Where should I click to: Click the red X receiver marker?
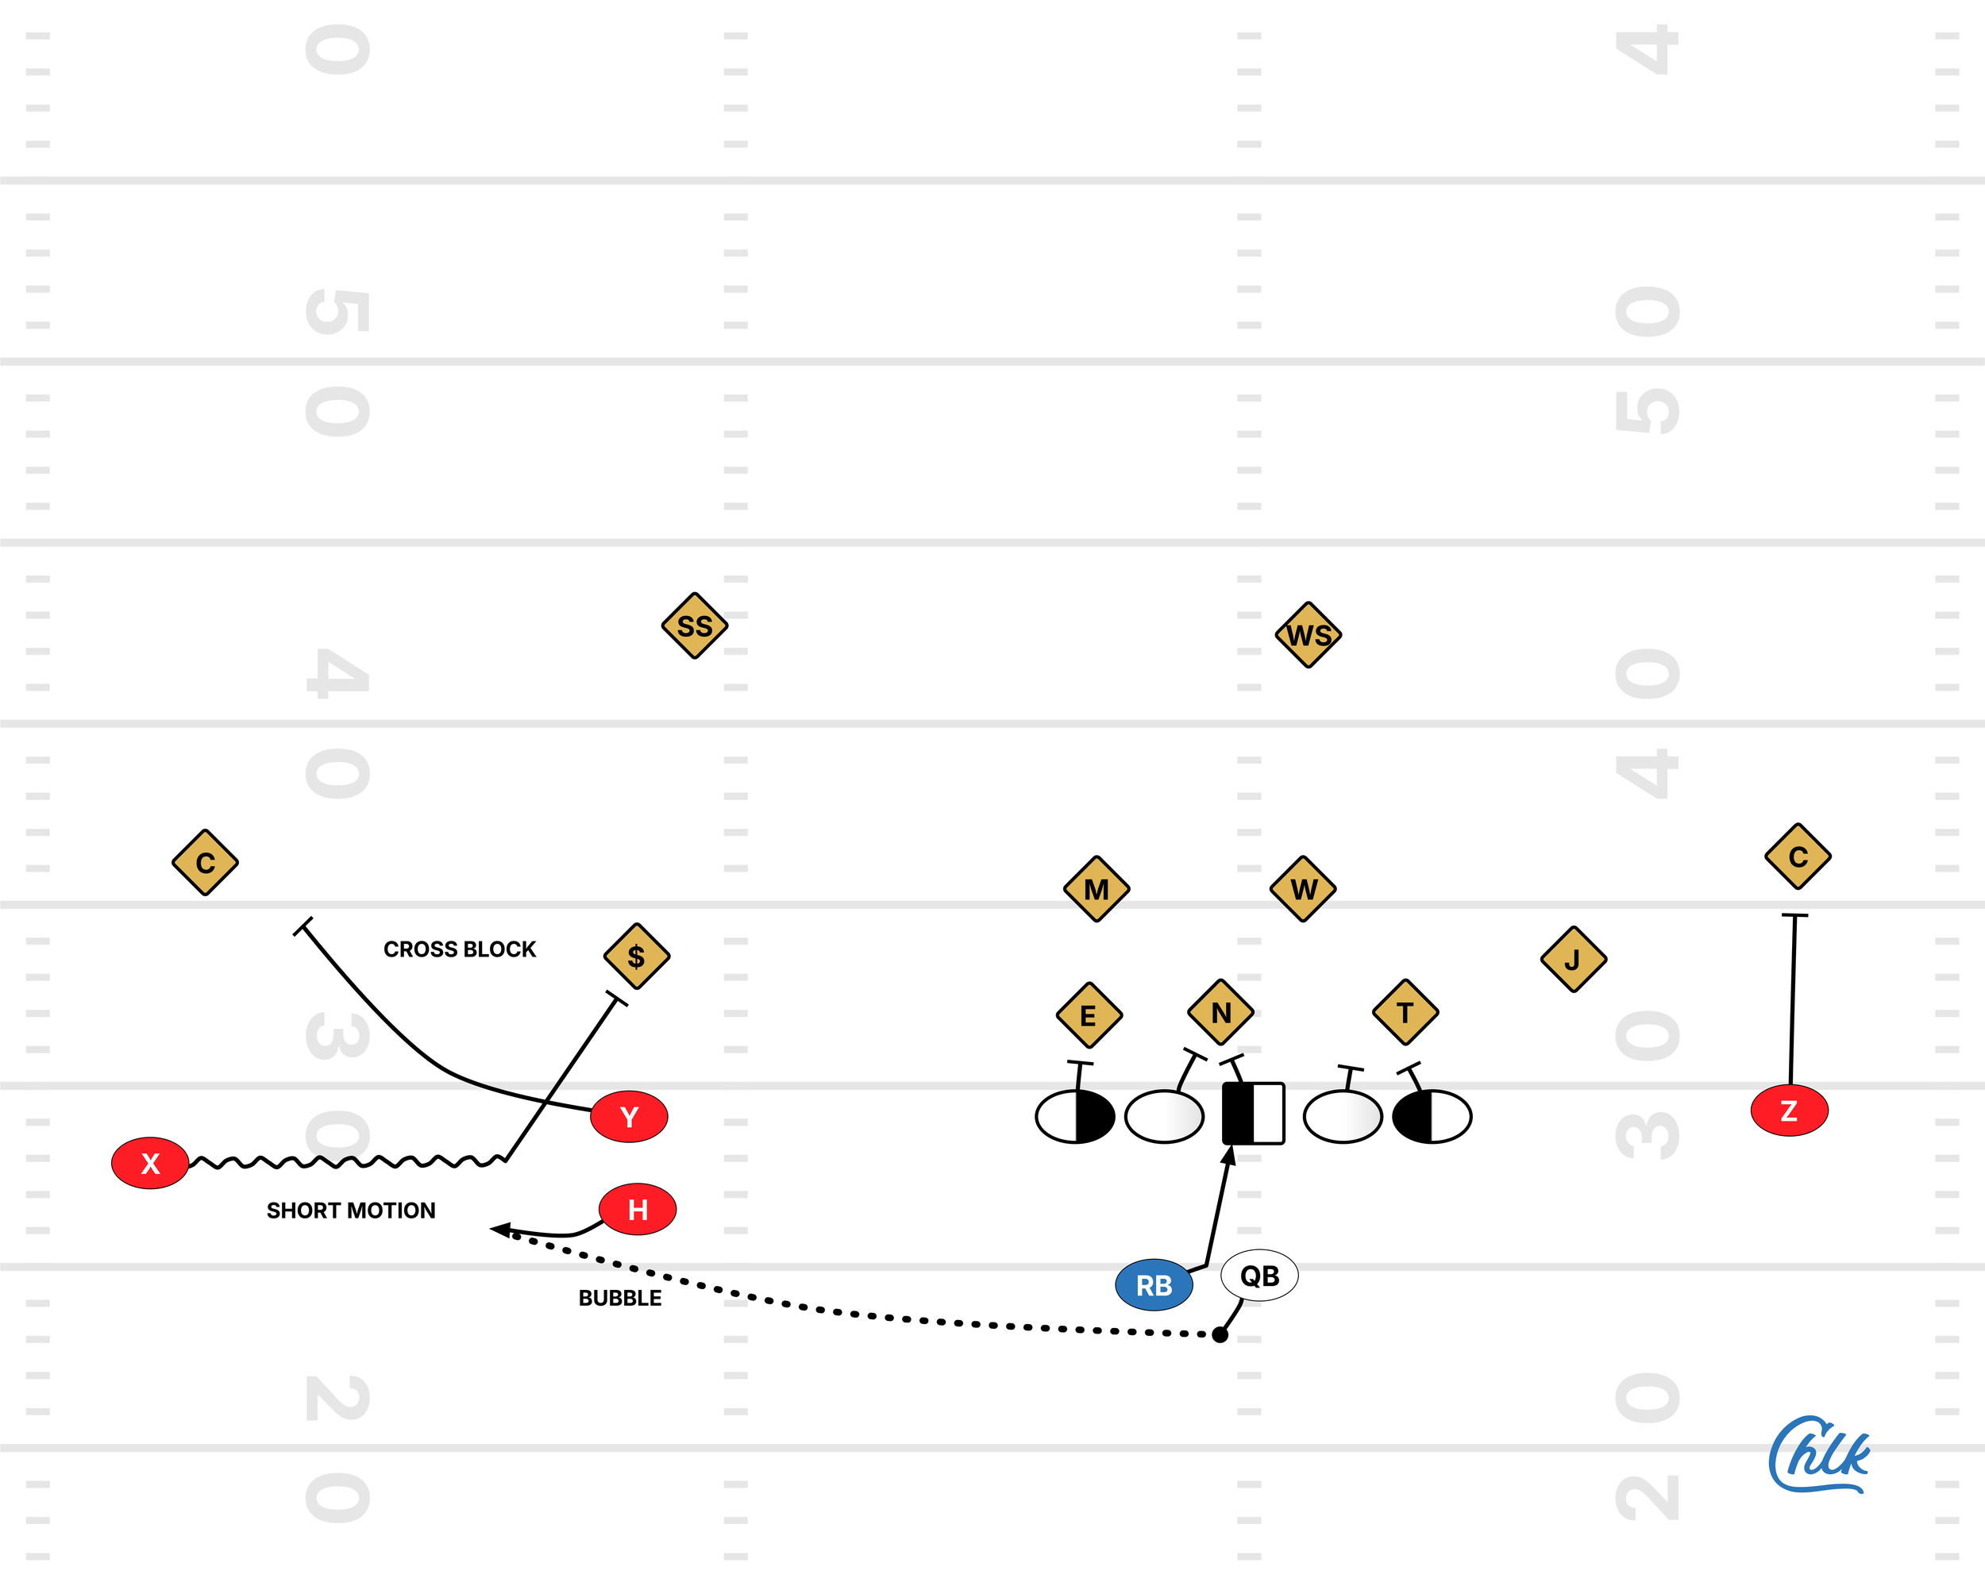150,1164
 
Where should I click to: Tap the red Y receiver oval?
629,1117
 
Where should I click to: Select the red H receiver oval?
637,1209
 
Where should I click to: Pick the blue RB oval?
1154,1285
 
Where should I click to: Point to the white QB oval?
1258,1276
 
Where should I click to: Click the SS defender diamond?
695,626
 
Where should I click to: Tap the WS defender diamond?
1309,635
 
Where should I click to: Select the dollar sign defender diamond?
636,957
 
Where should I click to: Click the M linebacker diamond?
1097,889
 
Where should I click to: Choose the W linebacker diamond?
1303,889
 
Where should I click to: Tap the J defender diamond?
1574,959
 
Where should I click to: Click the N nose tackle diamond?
1221,1013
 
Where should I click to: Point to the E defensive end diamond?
1089,1015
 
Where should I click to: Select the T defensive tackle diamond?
1405,1013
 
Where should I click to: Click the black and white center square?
1252,1114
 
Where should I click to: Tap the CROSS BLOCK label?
460,949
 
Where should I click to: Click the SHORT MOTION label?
351,1211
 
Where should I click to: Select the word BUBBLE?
619,1298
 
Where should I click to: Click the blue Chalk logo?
1818,1455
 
